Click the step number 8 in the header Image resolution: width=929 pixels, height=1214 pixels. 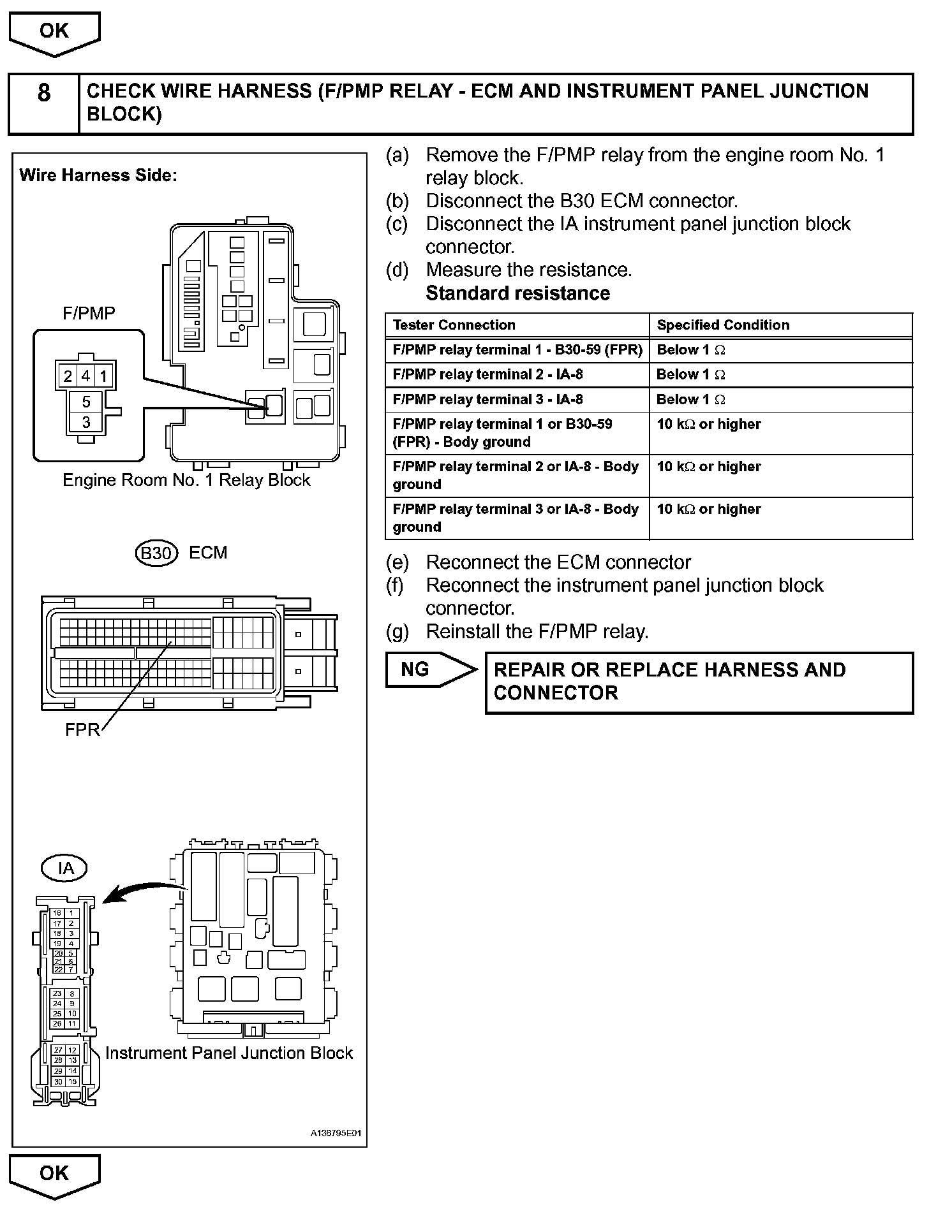point(43,93)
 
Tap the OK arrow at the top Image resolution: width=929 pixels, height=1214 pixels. point(54,32)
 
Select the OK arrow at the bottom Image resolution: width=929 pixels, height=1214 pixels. point(54,1174)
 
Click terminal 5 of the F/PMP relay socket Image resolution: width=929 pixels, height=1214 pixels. point(87,402)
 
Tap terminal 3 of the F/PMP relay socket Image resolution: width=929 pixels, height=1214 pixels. point(87,422)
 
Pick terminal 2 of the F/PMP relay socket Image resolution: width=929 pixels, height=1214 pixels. point(68,376)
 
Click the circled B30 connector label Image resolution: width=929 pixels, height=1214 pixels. point(155,553)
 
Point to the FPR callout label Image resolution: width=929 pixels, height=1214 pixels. point(82,729)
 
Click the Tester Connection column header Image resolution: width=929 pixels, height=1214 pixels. point(454,325)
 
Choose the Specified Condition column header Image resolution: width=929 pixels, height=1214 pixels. point(723,325)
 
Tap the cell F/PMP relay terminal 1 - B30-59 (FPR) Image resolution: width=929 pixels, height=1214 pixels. point(517,350)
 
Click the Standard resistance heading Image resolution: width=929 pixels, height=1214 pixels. point(517,293)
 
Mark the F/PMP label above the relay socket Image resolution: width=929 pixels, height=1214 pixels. point(89,313)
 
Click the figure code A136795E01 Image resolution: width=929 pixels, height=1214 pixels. point(336,1133)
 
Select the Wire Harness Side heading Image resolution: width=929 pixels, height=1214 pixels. point(98,175)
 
